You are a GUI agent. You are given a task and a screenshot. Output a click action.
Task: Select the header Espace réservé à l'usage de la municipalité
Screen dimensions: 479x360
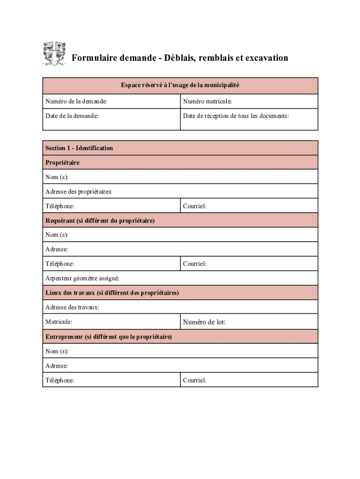point(180,85)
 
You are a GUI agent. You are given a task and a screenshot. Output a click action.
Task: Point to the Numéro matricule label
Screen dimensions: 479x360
point(208,101)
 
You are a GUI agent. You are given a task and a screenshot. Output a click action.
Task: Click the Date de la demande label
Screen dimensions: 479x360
point(72,116)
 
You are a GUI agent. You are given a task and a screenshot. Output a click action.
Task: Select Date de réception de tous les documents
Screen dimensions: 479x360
point(236,116)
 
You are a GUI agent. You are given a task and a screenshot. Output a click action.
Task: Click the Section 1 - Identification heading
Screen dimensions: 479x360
point(79,148)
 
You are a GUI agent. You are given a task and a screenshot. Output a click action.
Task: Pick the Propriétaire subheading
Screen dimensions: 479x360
point(62,162)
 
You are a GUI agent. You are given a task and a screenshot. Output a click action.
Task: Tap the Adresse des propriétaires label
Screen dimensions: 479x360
point(79,191)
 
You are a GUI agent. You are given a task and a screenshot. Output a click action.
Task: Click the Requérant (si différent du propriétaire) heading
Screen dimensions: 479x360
point(100,220)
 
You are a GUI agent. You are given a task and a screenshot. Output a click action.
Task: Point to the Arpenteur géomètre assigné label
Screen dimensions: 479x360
point(82,278)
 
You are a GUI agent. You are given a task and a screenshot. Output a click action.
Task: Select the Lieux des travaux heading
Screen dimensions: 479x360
point(112,293)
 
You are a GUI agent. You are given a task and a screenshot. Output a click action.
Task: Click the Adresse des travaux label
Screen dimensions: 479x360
point(72,307)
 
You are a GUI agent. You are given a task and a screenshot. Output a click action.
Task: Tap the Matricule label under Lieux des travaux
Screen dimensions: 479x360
point(59,322)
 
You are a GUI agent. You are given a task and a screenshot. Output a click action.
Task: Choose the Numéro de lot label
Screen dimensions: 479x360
point(204,322)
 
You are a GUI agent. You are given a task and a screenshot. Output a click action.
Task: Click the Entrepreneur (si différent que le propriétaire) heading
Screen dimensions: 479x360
point(108,337)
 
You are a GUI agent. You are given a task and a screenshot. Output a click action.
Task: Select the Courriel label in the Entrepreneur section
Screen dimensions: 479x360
point(194,380)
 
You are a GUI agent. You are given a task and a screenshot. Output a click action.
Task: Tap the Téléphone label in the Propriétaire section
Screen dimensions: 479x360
point(60,206)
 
